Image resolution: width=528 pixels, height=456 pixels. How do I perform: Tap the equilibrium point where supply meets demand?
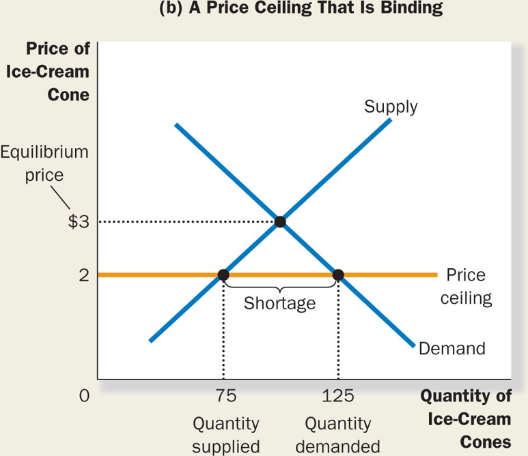click(x=279, y=221)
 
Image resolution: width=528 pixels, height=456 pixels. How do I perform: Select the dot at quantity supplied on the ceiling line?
click(x=223, y=275)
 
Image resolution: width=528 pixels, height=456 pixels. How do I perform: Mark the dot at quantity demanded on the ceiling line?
click(x=337, y=275)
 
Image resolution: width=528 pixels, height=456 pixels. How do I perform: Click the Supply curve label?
click(x=391, y=107)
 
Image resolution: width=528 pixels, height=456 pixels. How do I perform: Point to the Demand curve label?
click(x=451, y=348)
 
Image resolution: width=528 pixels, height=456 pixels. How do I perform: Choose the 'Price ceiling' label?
click(x=466, y=287)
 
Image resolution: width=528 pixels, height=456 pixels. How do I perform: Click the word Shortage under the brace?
click(x=280, y=302)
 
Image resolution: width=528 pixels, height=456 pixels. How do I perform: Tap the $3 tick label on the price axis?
click(x=79, y=222)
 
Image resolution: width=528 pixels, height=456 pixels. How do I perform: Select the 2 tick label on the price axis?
click(x=83, y=275)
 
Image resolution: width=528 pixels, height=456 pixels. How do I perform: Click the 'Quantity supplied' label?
click(x=225, y=435)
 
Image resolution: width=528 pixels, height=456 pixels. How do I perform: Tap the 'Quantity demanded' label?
click(x=338, y=435)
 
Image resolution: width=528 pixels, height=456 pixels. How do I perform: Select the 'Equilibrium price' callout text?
click(x=44, y=162)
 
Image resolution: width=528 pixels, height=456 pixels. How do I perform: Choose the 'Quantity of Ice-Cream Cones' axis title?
click(x=467, y=418)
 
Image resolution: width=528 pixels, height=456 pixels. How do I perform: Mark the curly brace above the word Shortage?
click(x=280, y=287)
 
